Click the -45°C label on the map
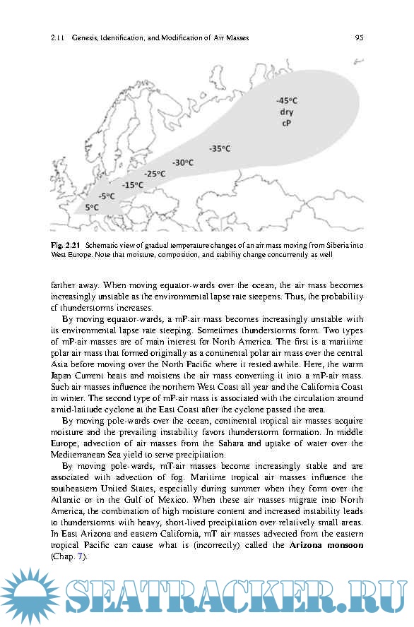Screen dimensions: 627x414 (x=287, y=101)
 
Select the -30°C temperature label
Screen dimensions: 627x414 (x=183, y=162)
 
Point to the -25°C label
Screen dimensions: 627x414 (x=155, y=174)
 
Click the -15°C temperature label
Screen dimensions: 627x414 (x=132, y=185)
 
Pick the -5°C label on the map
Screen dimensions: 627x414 (x=107, y=196)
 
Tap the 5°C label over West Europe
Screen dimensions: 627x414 (x=92, y=207)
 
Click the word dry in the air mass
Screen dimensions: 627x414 (x=287, y=112)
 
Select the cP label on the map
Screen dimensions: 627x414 (x=287, y=124)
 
